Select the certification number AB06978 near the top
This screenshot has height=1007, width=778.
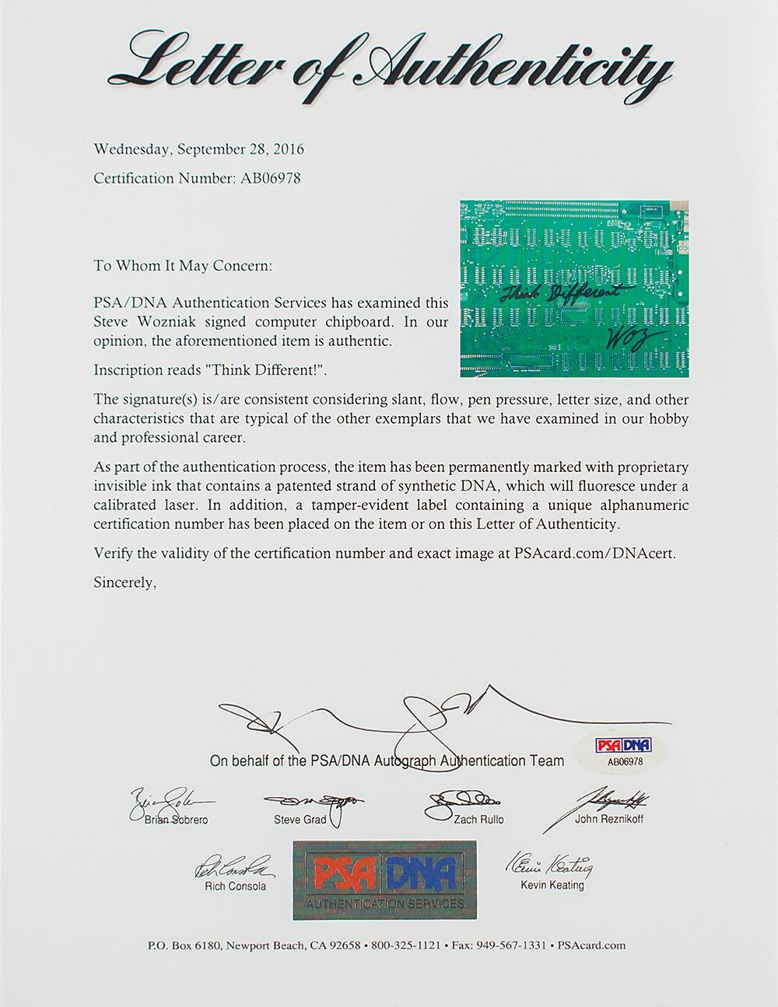pyautogui.click(x=268, y=178)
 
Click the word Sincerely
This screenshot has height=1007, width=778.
pyautogui.click(x=124, y=581)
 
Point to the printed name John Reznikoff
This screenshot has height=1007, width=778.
pyautogui.click(x=608, y=820)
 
